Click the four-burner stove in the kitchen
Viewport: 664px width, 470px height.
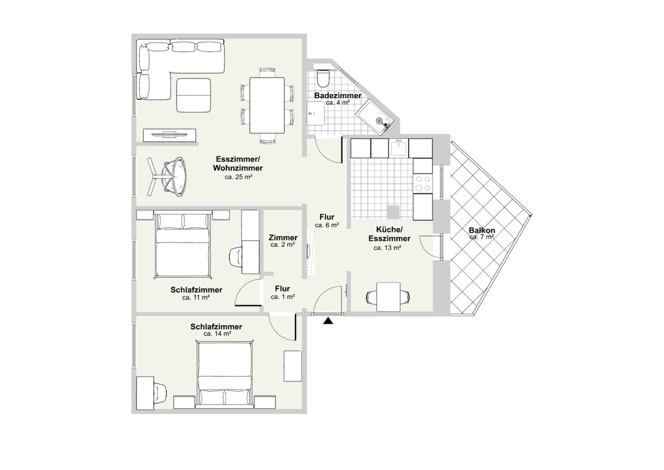pos(423,183)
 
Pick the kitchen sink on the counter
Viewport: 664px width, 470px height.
pos(399,148)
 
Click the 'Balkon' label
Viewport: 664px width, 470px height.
pos(482,230)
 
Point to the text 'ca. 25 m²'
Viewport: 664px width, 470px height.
pos(238,177)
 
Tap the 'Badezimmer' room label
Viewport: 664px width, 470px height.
pos(338,95)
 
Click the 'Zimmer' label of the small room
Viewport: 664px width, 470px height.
pos(283,238)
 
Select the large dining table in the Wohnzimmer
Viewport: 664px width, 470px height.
pos(267,105)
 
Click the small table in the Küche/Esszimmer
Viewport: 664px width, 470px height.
pos(388,297)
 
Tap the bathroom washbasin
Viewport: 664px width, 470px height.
pos(316,113)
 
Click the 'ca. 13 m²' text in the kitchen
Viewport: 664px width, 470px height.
pos(387,248)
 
